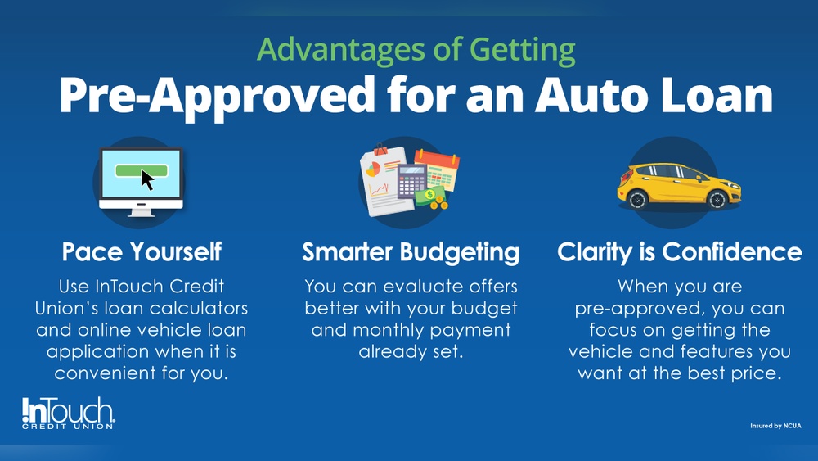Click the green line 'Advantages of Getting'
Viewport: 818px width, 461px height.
[416, 51]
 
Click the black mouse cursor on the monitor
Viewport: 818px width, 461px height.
[147, 179]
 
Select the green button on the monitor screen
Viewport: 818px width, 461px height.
[141, 170]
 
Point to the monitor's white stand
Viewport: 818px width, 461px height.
[142, 210]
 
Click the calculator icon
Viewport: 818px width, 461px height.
[411, 181]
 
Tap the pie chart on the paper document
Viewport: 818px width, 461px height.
[373, 169]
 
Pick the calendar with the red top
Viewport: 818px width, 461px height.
[437, 169]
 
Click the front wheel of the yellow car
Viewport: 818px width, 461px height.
[717, 200]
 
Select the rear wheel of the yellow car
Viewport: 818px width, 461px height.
[637, 199]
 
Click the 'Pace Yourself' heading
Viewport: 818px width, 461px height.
[142, 252]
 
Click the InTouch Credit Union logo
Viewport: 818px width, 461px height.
[68, 414]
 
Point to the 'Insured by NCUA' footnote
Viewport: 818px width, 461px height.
[775, 426]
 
